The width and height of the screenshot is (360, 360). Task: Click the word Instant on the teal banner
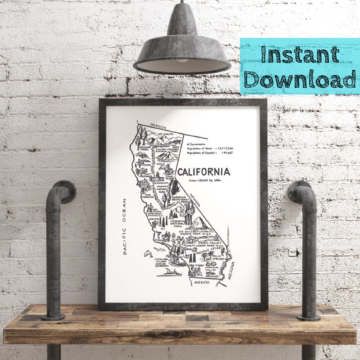click(x=300, y=55)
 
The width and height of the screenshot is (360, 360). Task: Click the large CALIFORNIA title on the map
click(x=203, y=172)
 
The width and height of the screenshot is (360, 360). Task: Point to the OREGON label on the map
click(x=158, y=126)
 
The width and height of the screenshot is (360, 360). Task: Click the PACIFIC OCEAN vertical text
click(x=125, y=226)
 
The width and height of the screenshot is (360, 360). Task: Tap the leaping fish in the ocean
click(x=148, y=254)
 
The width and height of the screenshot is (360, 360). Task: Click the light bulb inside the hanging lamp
click(x=182, y=61)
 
